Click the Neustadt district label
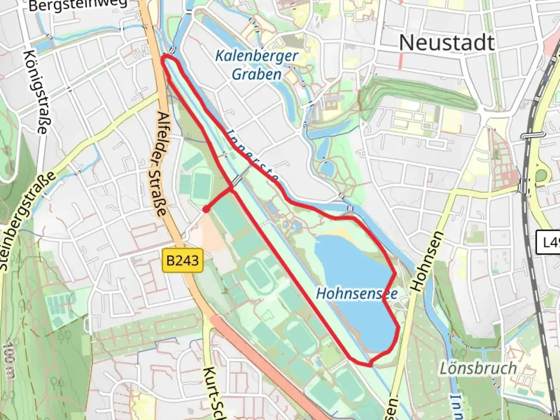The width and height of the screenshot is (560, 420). click(x=447, y=42)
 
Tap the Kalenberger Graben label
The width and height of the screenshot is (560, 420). click(x=257, y=65)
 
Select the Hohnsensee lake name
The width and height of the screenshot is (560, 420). click(x=357, y=293)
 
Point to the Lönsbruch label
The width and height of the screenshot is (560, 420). click(x=478, y=368)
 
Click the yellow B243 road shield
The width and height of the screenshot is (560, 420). click(x=182, y=260)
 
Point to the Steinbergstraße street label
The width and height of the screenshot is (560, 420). click(x=26, y=222)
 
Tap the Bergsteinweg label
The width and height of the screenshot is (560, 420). click(x=78, y=5)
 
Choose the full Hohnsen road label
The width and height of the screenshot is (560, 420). click(x=422, y=261)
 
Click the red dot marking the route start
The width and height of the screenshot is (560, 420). click(x=206, y=210)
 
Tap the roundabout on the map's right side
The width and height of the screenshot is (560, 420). click(x=541, y=176)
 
